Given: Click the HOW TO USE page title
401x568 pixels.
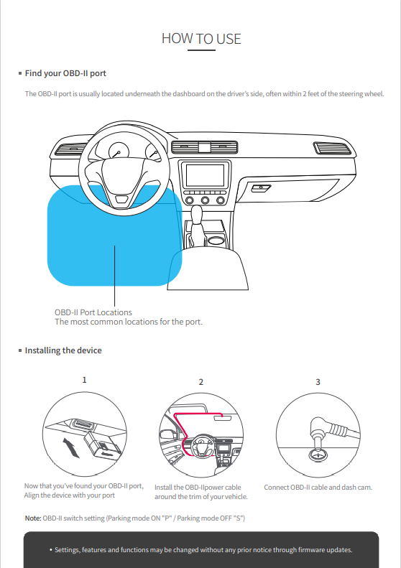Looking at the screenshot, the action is coord(201,39).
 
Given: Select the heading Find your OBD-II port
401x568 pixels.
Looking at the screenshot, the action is coord(65,73).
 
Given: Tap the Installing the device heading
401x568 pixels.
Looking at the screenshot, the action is coord(63,350).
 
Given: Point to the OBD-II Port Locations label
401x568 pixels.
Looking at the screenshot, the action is coord(93,312).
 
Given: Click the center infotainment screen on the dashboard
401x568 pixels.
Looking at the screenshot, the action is coord(206,175).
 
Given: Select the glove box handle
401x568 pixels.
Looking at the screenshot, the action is coord(261,188).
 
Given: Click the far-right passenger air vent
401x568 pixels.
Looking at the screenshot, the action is coord(333,148).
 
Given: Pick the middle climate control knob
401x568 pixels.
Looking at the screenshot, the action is coord(205,200).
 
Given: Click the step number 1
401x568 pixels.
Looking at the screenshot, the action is coord(85,380).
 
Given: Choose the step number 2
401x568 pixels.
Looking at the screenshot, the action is coord(201,382).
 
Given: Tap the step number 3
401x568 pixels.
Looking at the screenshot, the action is coord(318,382).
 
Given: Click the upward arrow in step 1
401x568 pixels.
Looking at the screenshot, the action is coord(70,448).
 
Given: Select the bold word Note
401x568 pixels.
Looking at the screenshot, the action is coord(33,518).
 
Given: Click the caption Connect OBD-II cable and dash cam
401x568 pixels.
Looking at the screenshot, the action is coord(318,488).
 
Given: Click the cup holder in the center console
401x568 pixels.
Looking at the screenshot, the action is coord(216,240).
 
